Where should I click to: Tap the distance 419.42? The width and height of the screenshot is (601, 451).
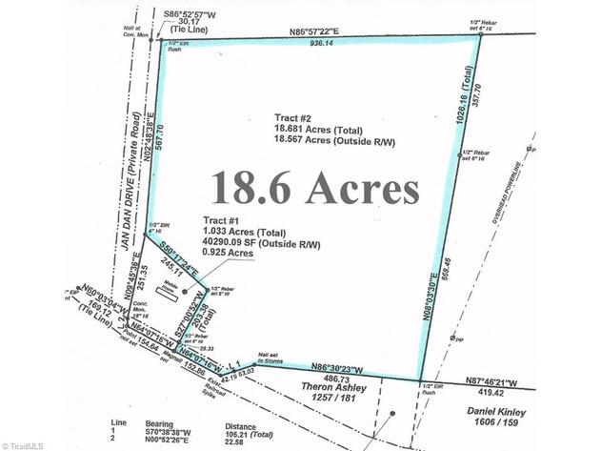coord(504,392)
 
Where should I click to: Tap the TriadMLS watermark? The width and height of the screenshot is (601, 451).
coord(29,443)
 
